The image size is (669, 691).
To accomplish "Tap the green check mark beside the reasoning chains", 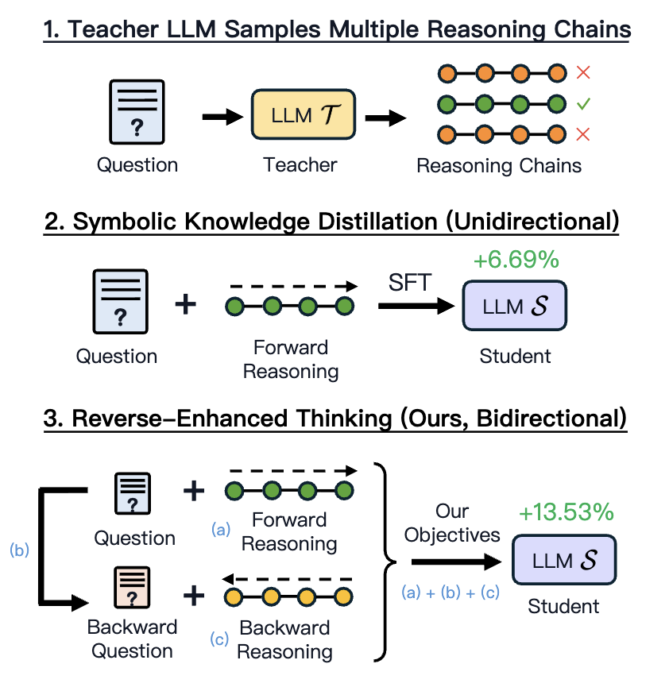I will [x=583, y=103].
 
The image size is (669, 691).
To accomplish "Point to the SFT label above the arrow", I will [x=409, y=282].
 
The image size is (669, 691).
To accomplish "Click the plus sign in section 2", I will [x=185, y=304].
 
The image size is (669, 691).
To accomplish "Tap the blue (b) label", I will [x=18, y=550].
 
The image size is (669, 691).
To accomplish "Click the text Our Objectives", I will [x=452, y=523].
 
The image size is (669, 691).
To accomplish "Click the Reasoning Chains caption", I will [x=499, y=166].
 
